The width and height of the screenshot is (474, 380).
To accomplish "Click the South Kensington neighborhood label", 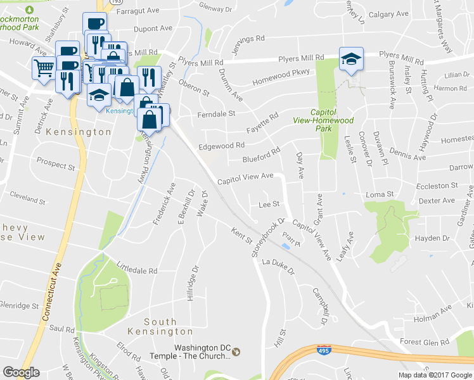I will [160, 326].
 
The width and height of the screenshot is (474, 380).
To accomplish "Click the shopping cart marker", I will [43, 68].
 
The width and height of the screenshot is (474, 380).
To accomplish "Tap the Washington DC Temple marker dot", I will [236, 351].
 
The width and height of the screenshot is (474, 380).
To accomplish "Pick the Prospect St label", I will [56, 164].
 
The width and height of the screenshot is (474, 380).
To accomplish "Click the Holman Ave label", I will [433, 313].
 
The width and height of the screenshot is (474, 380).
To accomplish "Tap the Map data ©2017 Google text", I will [435, 374].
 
